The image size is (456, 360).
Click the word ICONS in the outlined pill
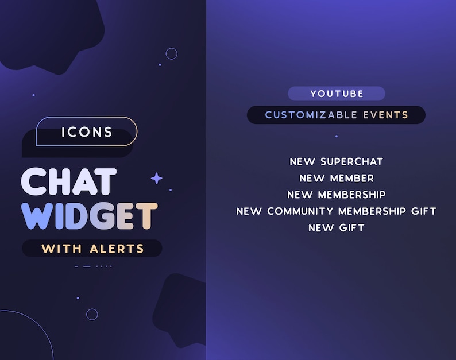tap(87, 133)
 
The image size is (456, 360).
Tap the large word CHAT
tap(69, 182)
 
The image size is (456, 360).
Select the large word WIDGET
tap(89, 216)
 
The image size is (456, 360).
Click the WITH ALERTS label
tap(92, 249)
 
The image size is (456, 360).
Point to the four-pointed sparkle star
tap(156, 179)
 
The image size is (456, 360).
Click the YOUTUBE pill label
tap(337, 94)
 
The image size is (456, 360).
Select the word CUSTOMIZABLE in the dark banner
tap(311, 115)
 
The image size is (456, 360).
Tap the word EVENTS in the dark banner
tap(385, 115)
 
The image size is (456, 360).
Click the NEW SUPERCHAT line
tap(336, 162)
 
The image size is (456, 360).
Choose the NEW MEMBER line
tap(336, 179)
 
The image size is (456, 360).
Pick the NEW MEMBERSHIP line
tap(336, 195)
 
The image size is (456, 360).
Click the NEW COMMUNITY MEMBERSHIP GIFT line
tap(336, 211)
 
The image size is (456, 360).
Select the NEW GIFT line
tap(336, 228)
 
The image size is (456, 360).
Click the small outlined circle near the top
tap(171, 53)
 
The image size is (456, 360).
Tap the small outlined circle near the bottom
tap(92, 314)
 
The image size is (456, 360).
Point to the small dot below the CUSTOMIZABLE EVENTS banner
tap(337, 136)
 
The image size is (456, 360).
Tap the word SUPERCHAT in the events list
tap(351, 162)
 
